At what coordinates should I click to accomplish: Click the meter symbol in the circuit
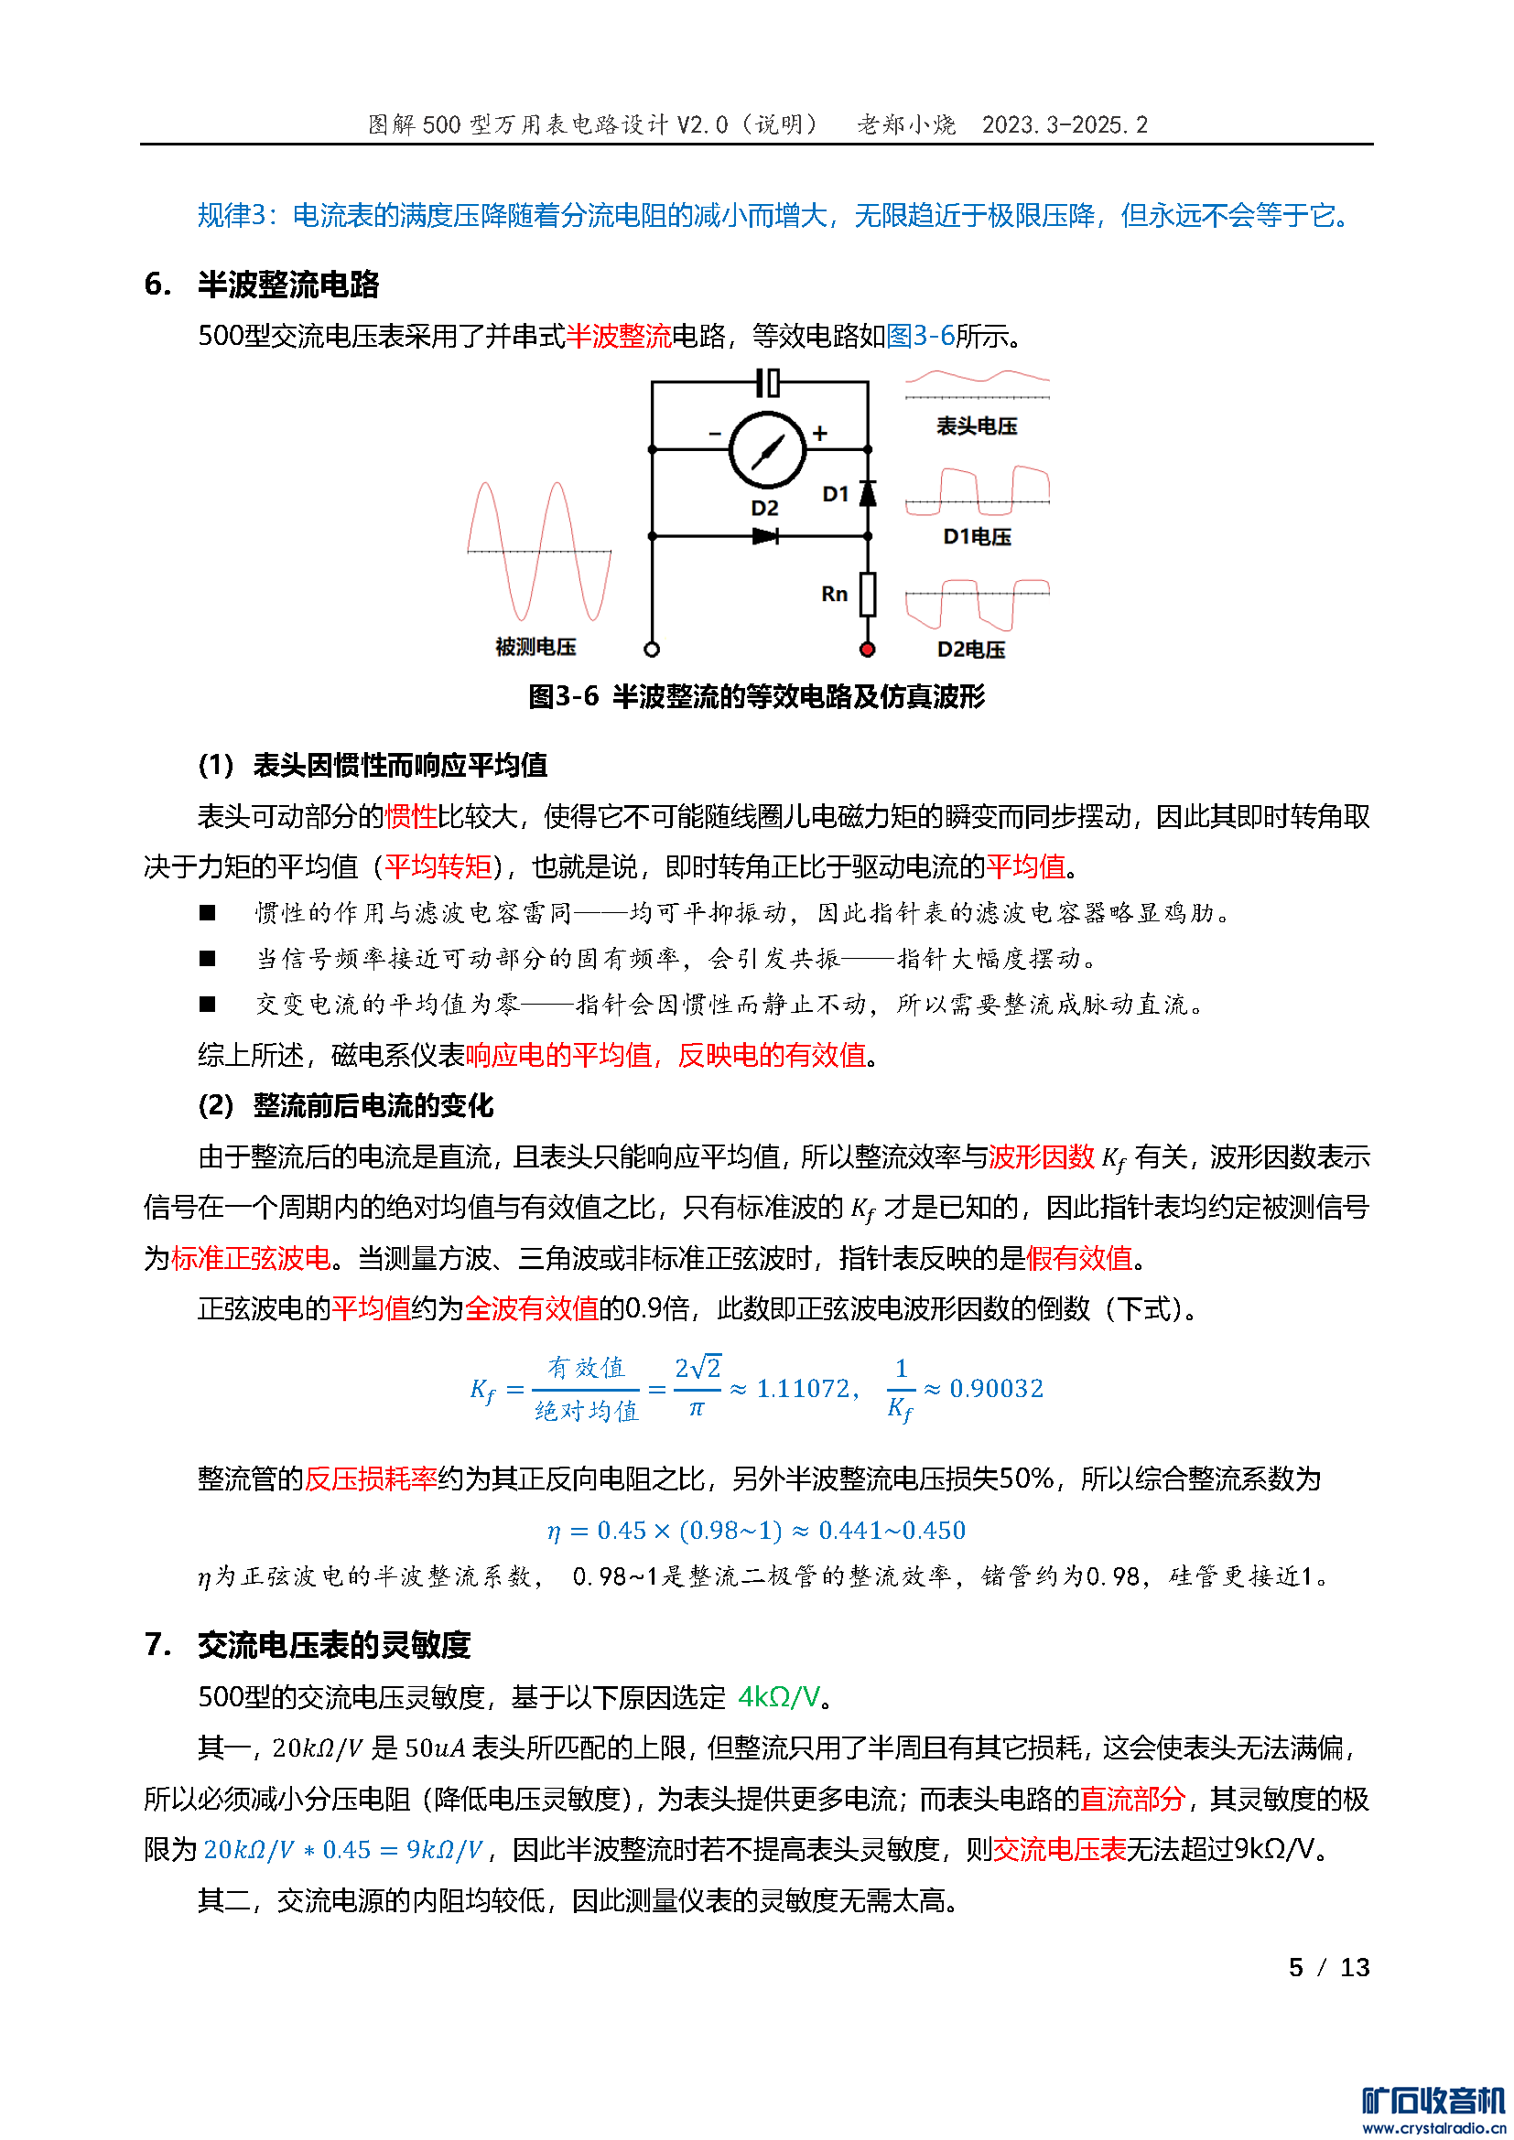click(766, 449)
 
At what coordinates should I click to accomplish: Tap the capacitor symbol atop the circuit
click(766, 382)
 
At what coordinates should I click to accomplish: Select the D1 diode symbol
click(867, 492)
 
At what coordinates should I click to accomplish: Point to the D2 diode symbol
click(765, 536)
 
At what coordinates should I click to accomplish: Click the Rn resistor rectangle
click(867, 594)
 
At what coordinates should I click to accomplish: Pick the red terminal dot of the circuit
click(867, 649)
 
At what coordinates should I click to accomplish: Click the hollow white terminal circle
click(652, 649)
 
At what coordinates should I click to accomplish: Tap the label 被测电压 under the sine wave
click(535, 647)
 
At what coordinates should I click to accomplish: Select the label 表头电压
click(976, 426)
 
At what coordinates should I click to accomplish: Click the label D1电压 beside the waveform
click(976, 537)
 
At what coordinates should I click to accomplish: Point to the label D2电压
click(970, 650)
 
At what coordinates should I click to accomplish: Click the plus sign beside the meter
click(819, 433)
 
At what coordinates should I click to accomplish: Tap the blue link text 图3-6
click(919, 336)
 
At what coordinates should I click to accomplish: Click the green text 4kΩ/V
click(778, 1696)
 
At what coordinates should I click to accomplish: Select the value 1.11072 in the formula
click(801, 1389)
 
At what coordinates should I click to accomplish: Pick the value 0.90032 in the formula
click(996, 1389)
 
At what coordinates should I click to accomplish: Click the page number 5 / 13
click(1328, 1968)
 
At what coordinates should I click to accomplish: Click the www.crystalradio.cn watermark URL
click(1433, 2129)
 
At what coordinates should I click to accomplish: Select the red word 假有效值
click(1078, 1258)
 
